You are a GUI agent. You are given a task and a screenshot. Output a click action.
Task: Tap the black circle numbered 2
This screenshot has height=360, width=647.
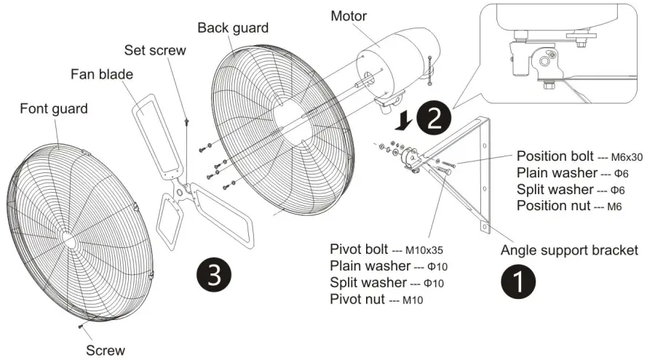coord(434,119)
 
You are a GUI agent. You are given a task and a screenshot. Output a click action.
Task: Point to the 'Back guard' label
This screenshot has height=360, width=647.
coord(233,28)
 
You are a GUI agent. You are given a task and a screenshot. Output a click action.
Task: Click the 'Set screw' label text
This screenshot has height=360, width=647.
coord(154,51)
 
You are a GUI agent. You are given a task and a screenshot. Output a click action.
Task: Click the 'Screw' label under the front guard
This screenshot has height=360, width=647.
coord(106,351)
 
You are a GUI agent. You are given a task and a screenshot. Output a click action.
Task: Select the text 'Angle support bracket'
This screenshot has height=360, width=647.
coord(569,250)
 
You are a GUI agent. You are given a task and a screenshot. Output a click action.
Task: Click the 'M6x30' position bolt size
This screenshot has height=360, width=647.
coord(626,157)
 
